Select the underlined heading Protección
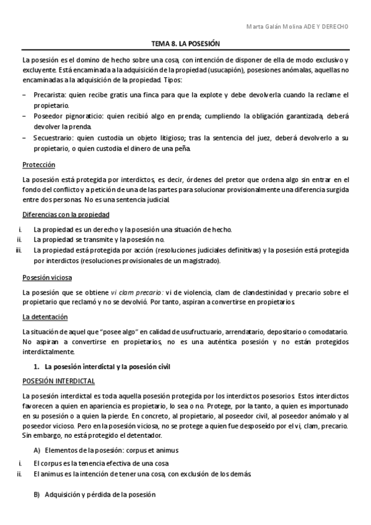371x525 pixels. coord(38,165)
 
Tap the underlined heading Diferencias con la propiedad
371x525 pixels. coord(66,214)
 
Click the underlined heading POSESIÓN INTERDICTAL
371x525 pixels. coord(58,381)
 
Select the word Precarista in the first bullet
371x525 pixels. coord(51,94)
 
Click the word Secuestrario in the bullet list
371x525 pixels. coord(54,137)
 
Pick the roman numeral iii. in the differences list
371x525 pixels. coord(19,250)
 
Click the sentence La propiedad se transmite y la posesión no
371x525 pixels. coord(99,240)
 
